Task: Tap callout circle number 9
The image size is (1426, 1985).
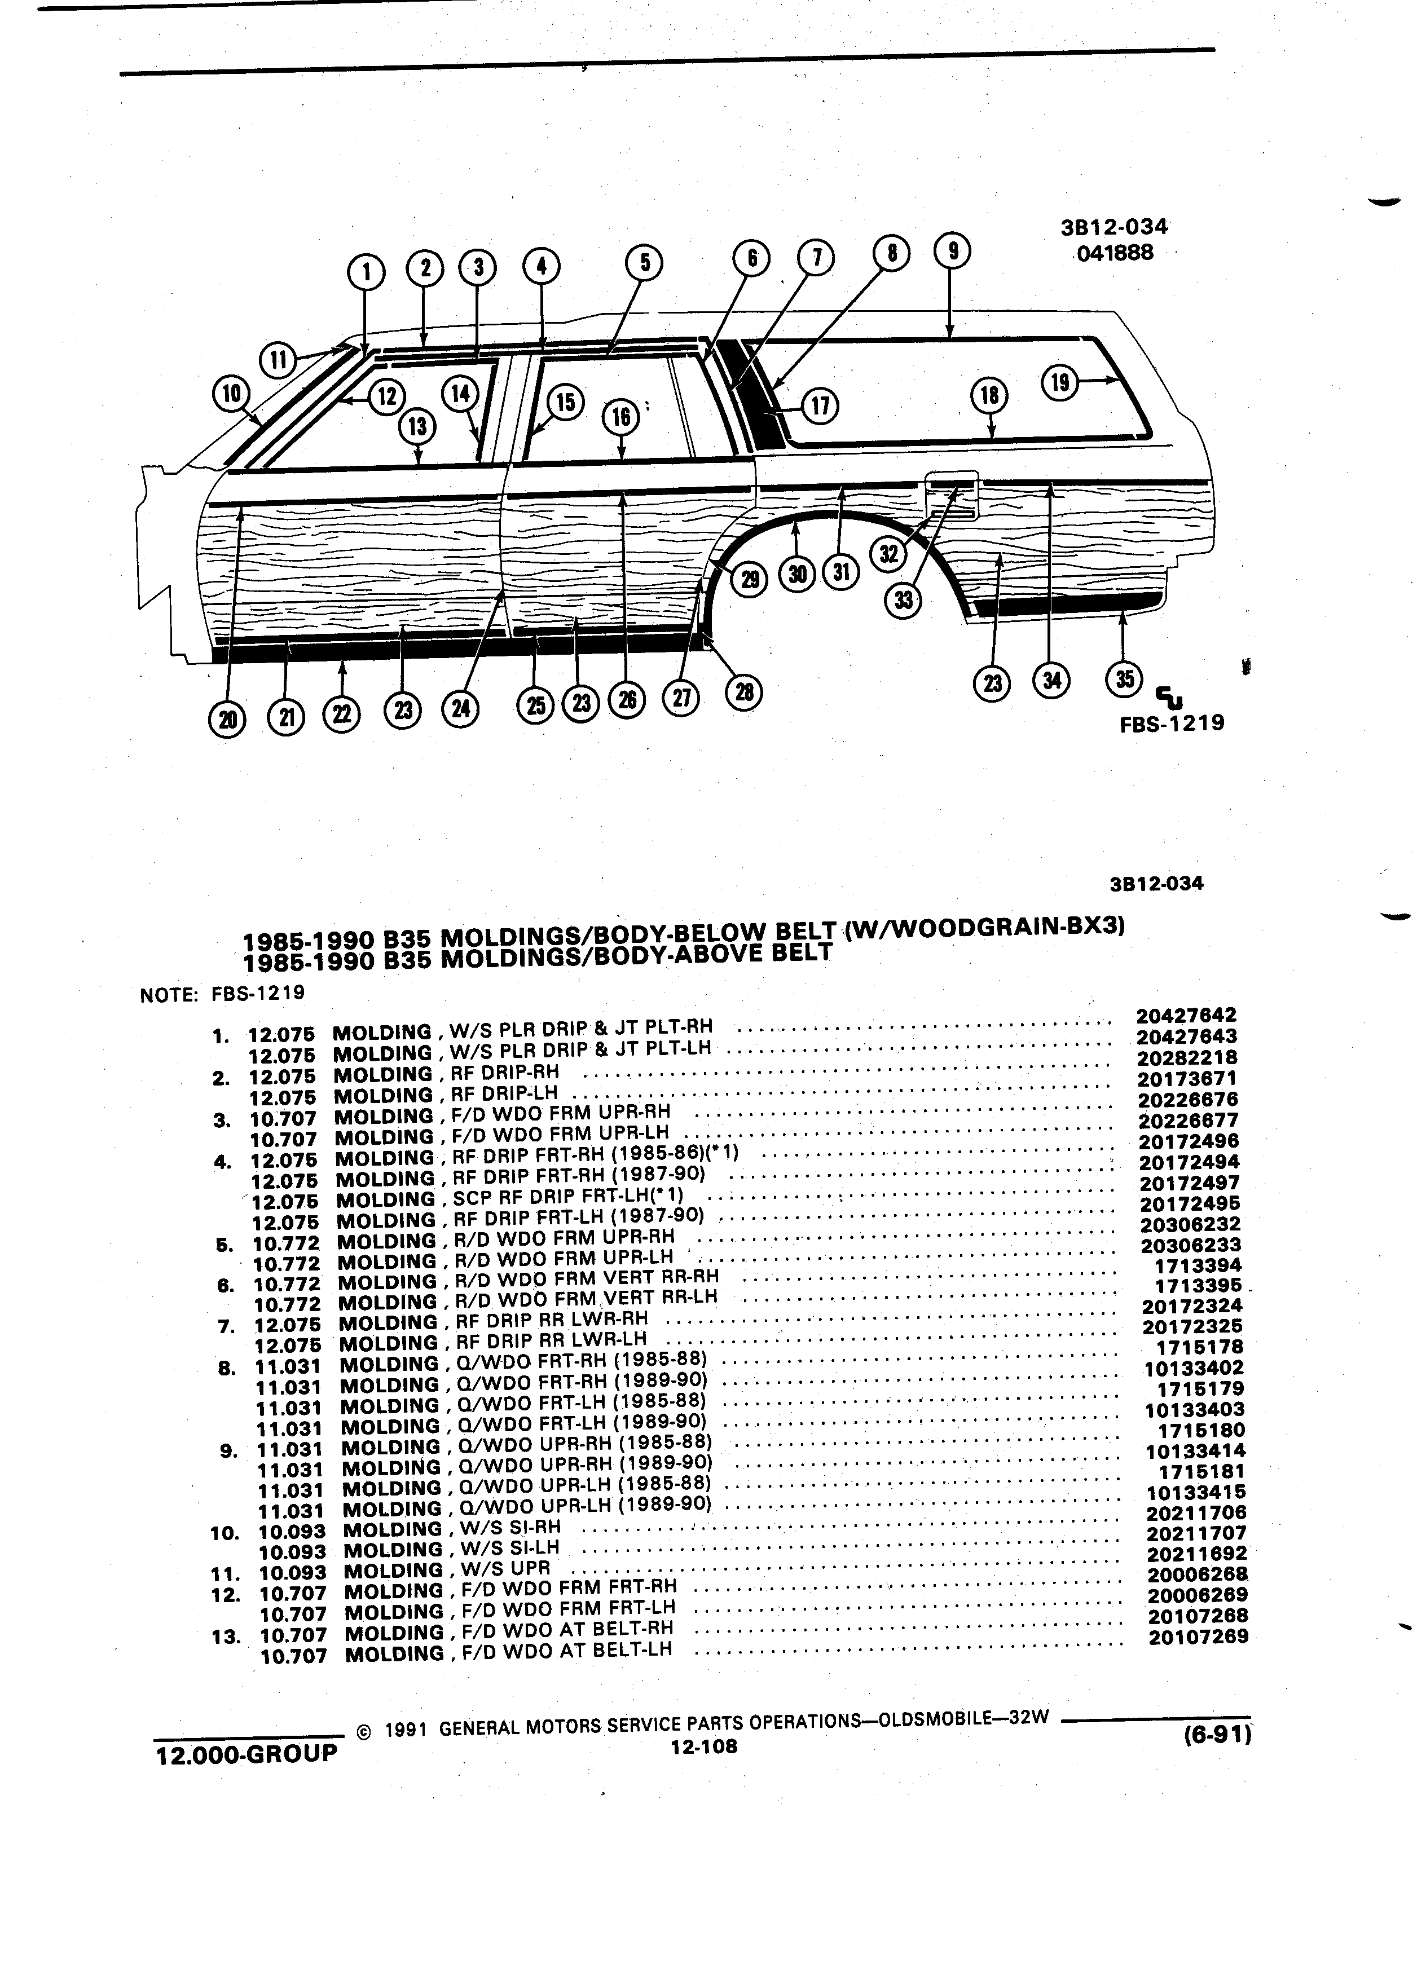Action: tap(952, 251)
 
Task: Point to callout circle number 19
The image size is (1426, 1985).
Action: tap(1059, 382)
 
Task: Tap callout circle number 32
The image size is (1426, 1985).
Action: tap(888, 554)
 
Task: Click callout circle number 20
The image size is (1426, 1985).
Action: tap(227, 718)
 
